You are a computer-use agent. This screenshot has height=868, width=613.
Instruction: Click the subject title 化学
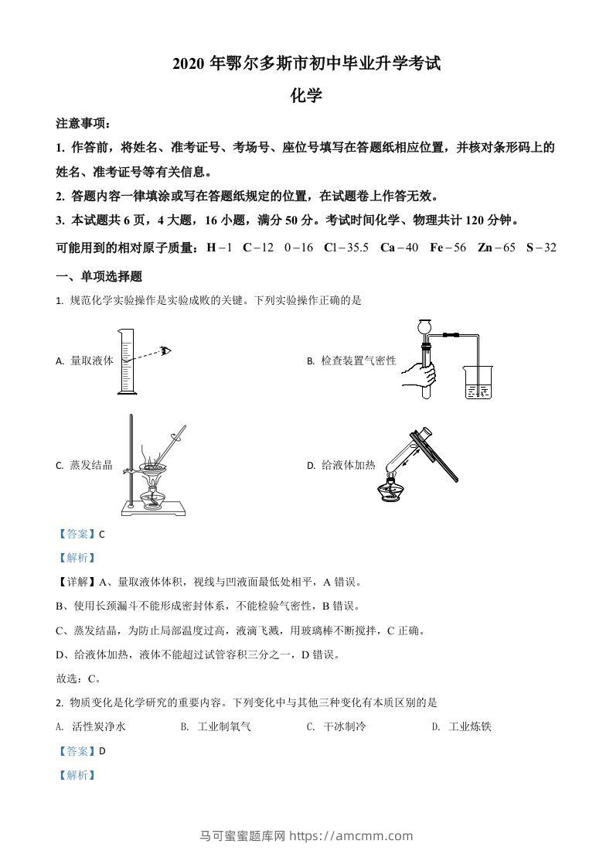pos(306,95)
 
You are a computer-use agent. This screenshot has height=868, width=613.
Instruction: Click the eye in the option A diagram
pos(166,350)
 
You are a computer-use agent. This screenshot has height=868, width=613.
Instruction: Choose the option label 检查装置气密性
pos(358,361)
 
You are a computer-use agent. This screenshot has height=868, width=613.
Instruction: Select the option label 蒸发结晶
pos(91,465)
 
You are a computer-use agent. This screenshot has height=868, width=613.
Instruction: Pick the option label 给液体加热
pos(348,465)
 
